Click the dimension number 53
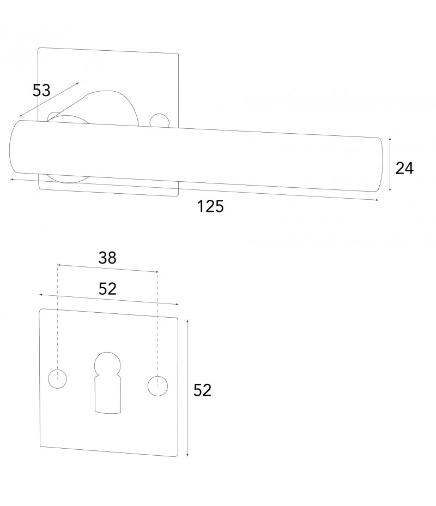tap(41, 91)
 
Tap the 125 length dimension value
tap(210, 207)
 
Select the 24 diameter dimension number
tap(404, 169)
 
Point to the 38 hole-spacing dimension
tap(107, 258)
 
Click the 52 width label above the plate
tap(108, 289)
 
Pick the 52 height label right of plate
tap(202, 390)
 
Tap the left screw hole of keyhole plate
tap(57, 378)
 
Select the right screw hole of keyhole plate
tap(157, 385)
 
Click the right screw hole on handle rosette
tap(159, 120)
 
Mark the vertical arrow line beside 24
tap(390, 164)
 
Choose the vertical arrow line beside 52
tap(187, 388)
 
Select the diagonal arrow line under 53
tap(49, 99)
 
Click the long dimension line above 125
tap(194, 189)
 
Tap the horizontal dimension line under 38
tap(107, 268)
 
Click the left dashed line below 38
tap(57, 317)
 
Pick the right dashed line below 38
tap(158, 322)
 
